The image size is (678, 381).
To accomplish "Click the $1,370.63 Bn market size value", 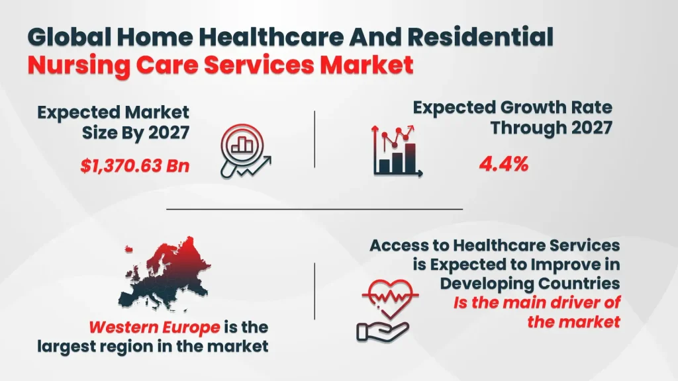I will point(135,166).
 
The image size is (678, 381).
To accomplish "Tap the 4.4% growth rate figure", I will point(503,163).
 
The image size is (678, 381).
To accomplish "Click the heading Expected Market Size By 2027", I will point(113,122).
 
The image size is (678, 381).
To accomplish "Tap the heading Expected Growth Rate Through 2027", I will point(512,117).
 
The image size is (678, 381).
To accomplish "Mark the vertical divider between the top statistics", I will point(315,139).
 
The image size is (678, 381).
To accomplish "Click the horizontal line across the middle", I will point(314,209).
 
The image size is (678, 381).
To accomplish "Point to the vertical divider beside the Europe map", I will point(315,291).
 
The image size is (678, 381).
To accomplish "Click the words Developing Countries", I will point(530,284).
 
